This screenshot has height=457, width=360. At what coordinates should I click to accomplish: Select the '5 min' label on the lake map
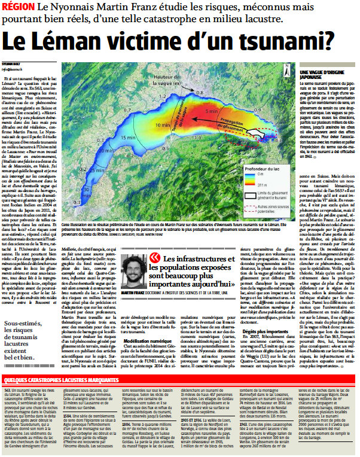[x=210, y=111]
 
